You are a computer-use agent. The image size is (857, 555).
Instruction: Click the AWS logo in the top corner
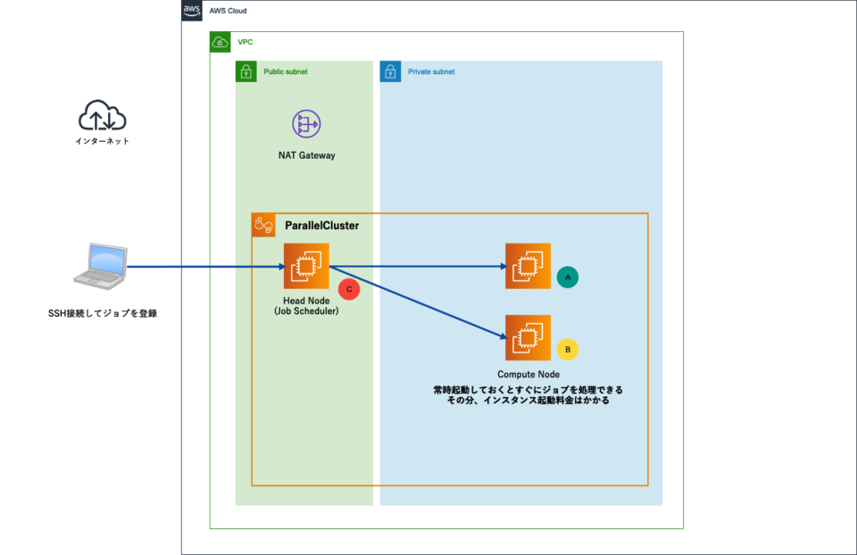(192, 11)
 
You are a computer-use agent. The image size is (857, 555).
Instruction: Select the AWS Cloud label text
(228, 11)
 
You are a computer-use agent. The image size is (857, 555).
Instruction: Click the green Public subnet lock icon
(246, 71)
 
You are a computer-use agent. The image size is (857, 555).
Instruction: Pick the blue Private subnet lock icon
(390, 71)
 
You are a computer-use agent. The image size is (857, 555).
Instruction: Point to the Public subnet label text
(285, 71)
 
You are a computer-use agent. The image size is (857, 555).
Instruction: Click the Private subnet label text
(431, 71)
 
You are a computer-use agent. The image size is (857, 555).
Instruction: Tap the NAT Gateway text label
(306, 155)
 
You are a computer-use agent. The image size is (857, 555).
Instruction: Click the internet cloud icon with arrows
(103, 116)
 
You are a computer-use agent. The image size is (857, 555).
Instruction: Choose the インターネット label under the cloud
(103, 141)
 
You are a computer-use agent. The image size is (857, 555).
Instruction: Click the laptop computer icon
(101, 267)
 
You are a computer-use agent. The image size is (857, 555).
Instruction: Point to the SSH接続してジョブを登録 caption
(103, 313)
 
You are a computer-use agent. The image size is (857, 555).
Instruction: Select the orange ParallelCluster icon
(263, 226)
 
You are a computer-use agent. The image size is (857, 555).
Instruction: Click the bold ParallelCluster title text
(321, 226)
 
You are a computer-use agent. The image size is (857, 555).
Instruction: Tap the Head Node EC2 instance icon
(306, 266)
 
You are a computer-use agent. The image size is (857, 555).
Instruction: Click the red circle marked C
(349, 288)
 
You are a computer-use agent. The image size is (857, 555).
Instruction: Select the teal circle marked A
(567, 277)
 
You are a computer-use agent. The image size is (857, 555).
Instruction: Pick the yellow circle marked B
(567, 349)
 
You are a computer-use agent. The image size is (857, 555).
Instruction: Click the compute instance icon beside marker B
(528, 337)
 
